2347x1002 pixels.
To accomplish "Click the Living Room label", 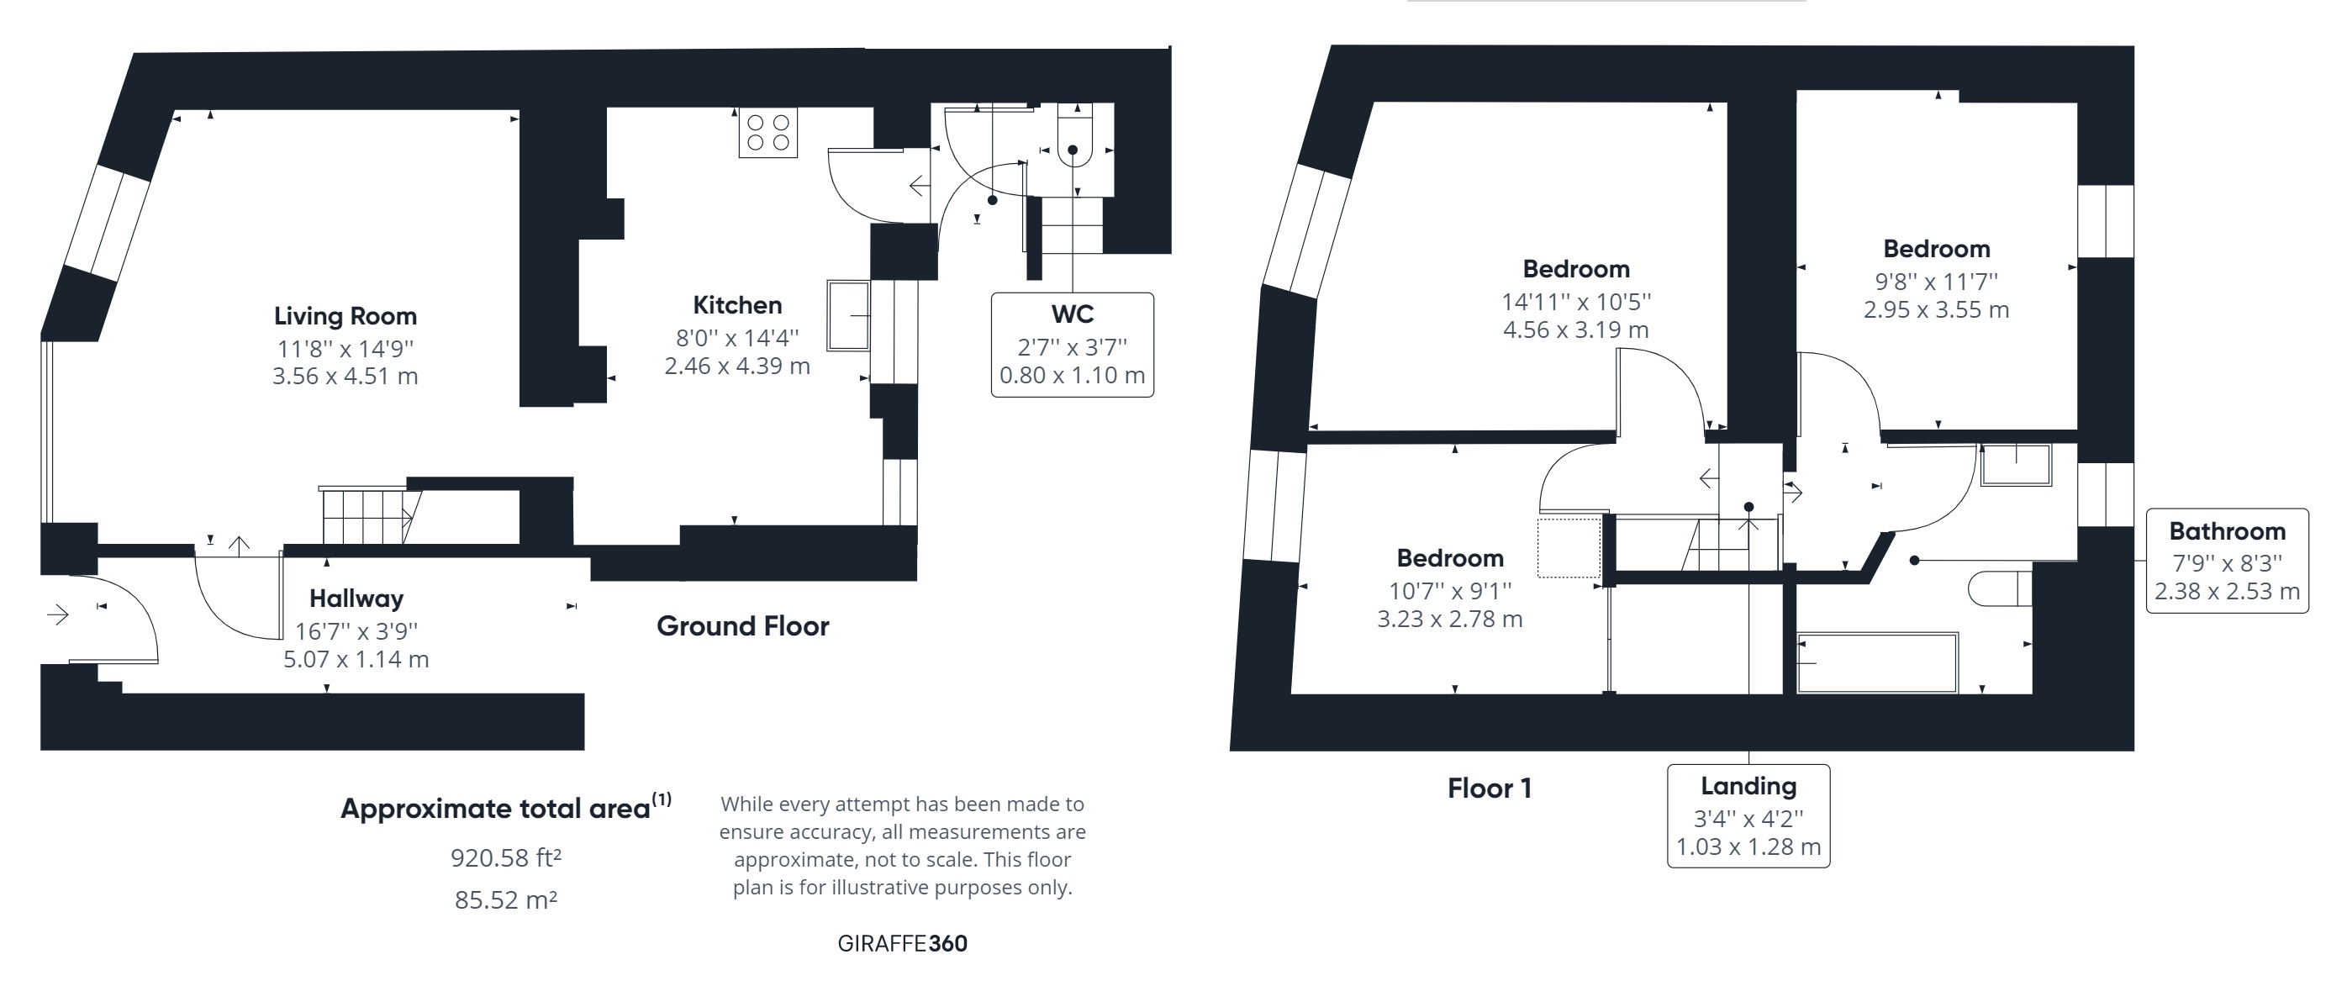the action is tap(345, 316).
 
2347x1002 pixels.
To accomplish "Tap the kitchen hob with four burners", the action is tap(767, 133).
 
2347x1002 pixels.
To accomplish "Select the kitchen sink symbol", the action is tap(847, 315).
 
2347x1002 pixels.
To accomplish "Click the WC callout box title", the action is tap(1073, 314).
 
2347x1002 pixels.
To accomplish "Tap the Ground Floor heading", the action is tap(742, 627).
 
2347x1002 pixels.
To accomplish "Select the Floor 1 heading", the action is tap(1489, 788).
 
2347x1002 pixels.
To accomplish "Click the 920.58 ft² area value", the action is tap(506, 858).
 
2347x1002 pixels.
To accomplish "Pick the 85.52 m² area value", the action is tap(506, 900).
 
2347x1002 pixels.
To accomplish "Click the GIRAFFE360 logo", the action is tap(902, 944).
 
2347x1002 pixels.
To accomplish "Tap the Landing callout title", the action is tap(1748, 786).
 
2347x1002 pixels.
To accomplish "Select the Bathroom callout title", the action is tap(2227, 531).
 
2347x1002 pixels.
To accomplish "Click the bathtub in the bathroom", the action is tap(1877, 662).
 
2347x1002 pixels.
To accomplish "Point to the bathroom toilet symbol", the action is tap(1999, 588).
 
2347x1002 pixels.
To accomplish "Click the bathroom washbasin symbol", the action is tap(2015, 465).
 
